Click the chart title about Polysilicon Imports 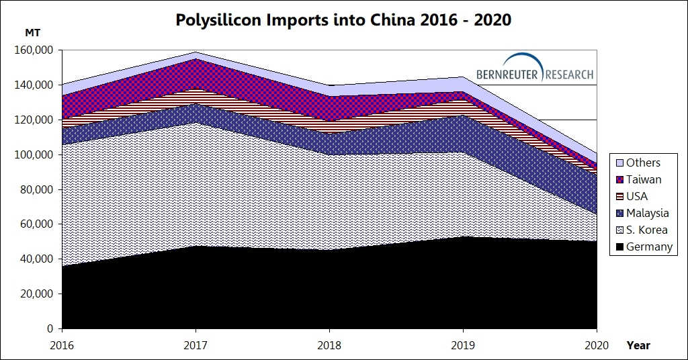pyautogui.click(x=343, y=20)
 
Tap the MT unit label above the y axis pyautogui.click(x=32, y=33)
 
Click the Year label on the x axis pyautogui.click(x=638, y=345)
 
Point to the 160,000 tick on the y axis pyautogui.click(x=34, y=50)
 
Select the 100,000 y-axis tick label pyautogui.click(x=34, y=154)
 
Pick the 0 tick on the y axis pyautogui.click(x=50, y=329)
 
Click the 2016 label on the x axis pyautogui.click(x=62, y=345)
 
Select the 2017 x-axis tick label pyautogui.click(x=196, y=345)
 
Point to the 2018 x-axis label pyautogui.click(x=329, y=345)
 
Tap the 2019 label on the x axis pyautogui.click(x=463, y=345)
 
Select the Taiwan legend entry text pyautogui.click(x=644, y=180)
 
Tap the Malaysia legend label pyautogui.click(x=647, y=214)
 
